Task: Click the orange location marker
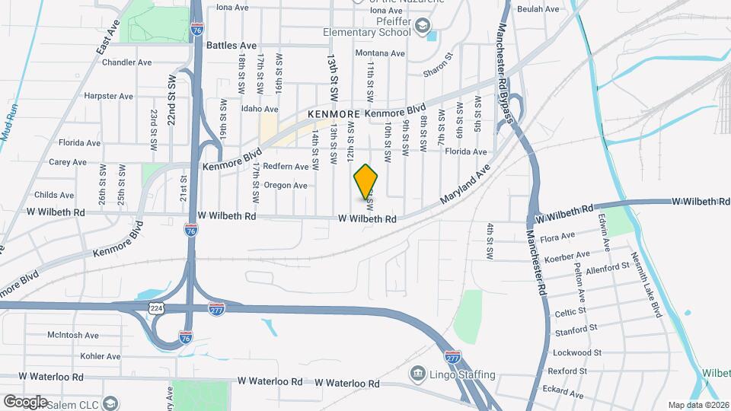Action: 366,180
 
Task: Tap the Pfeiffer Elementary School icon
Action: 421,30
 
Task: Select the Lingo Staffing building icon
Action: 418,374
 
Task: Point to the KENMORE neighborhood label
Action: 333,113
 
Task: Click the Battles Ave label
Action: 231,46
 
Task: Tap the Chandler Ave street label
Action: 126,62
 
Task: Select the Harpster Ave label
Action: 108,97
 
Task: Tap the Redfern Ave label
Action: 286,166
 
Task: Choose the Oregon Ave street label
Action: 285,185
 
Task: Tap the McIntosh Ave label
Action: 73,335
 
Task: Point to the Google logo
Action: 25,401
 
